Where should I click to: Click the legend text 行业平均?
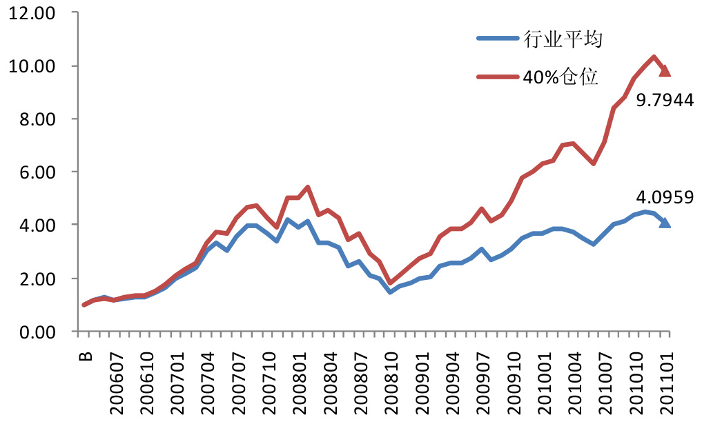point(563,39)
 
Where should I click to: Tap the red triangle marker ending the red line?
point(665,71)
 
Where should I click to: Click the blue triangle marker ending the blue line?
point(665,223)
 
